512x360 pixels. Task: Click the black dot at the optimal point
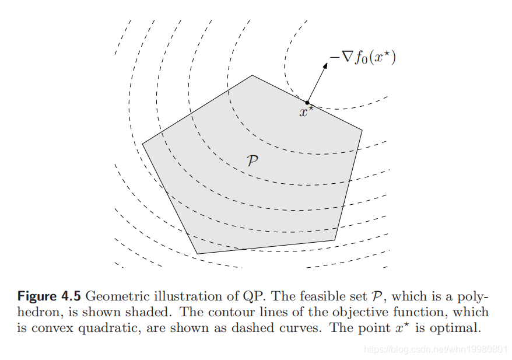tap(307, 103)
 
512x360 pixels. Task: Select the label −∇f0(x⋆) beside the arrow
tap(363, 58)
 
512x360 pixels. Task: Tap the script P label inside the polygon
tap(253, 161)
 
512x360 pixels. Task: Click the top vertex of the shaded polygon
tap(252, 75)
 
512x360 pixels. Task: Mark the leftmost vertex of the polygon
tap(142, 144)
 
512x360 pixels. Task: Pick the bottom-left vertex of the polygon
tap(198, 254)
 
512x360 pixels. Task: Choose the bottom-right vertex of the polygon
tap(335, 240)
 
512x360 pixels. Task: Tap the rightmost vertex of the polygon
tap(362, 130)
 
